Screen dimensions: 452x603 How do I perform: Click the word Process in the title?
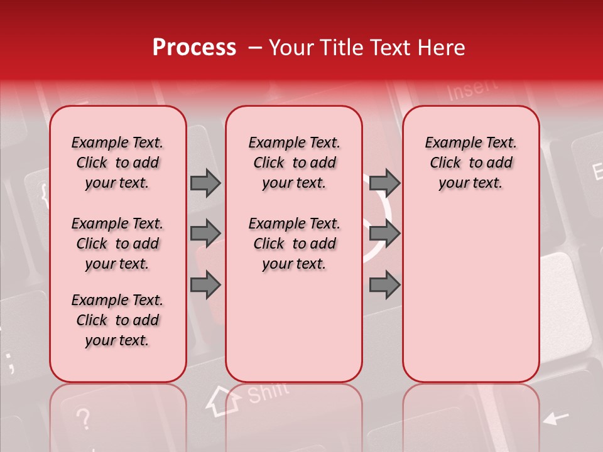tap(194, 48)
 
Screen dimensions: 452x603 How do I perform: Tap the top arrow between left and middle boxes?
tap(205, 183)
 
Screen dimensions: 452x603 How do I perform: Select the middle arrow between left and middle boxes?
tap(205, 234)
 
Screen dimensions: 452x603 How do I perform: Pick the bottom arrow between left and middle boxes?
tap(205, 284)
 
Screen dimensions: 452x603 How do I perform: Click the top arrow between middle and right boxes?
tap(384, 183)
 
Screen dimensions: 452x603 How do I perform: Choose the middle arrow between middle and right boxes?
tap(384, 234)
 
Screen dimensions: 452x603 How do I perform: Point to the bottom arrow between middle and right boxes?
tap(384, 284)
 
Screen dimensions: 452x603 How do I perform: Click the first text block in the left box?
tap(117, 163)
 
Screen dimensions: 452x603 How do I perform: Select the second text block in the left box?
tap(117, 244)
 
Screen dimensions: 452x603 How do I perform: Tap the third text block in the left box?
tap(117, 320)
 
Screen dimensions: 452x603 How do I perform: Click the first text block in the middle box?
tap(294, 163)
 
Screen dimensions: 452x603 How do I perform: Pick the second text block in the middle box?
tap(294, 244)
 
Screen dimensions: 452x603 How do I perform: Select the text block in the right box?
tap(470, 163)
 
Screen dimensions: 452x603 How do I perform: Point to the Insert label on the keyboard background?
tap(472, 90)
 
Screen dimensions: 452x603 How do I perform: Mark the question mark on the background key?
tap(84, 419)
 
